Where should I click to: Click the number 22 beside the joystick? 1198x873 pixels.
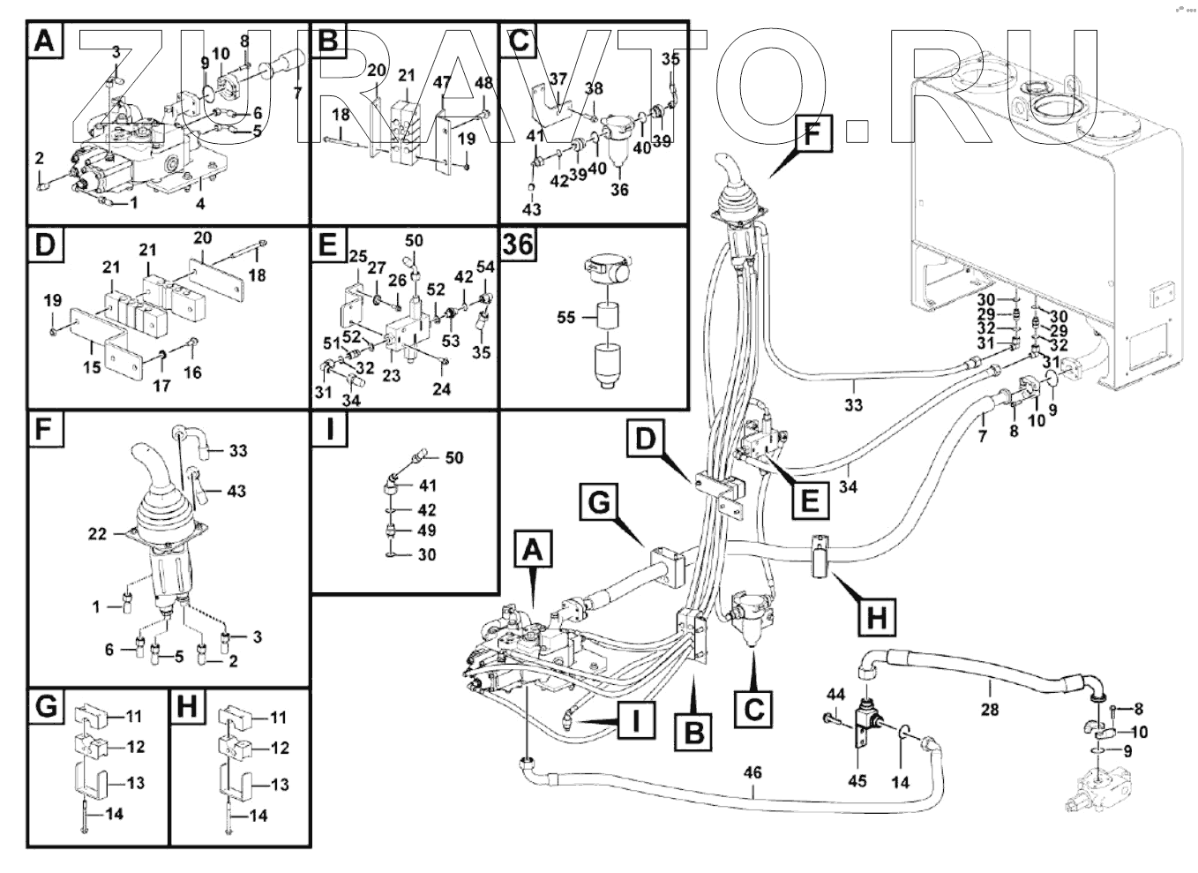click(97, 534)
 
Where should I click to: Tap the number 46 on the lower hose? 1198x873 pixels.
click(752, 773)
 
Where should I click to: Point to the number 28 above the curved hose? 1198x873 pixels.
click(990, 709)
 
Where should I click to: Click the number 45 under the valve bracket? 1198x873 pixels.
click(857, 780)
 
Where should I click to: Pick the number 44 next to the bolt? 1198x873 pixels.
click(835, 695)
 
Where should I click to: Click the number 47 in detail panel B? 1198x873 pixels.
click(442, 83)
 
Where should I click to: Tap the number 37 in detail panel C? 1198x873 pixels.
click(558, 79)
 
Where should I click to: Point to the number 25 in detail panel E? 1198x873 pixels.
click(356, 256)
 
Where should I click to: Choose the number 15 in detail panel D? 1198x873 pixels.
click(92, 367)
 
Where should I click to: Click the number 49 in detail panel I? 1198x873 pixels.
click(428, 531)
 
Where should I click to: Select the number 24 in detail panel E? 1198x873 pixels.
click(441, 388)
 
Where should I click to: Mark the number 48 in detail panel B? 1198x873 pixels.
click(483, 83)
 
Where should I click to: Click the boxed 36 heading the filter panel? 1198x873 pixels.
click(518, 243)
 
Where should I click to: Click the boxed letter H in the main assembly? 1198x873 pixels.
click(876, 617)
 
